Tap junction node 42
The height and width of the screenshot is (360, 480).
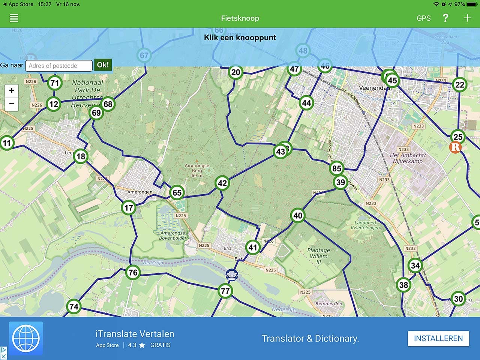[x=222, y=183]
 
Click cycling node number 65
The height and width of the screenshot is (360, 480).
[x=177, y=193]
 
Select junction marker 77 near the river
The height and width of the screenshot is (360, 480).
[x=225, y=291]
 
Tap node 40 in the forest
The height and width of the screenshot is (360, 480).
[x=298, y=216]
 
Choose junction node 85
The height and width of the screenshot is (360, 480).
[x=337, y=168]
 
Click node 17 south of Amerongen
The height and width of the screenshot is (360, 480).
[x=129, y=207]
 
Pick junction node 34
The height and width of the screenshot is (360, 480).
[x=415, y=266]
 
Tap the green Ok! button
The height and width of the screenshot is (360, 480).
[x=103, y=65]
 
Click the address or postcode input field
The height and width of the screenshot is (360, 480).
[x=58, y=66]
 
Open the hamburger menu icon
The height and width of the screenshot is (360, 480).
[x=14, y=18]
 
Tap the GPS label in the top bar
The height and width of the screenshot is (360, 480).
[x=423, y=18]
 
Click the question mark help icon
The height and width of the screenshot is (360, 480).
[x=445, y=18]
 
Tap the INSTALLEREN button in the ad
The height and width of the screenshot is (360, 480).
[x=438, y=338]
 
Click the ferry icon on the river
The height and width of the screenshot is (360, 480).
[x=232, y=275]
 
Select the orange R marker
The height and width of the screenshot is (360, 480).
[x=455, y=147]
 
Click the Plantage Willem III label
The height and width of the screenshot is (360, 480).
[x=318, y=256]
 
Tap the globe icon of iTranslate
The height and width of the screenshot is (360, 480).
[x=26, y=338]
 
